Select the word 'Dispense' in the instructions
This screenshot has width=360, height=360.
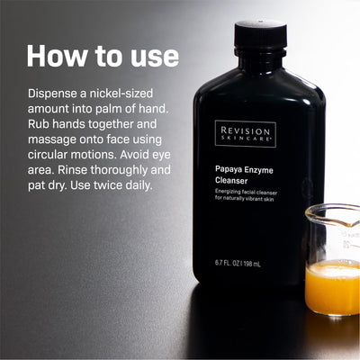point(52,94)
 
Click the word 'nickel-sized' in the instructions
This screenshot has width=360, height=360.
point(121,94)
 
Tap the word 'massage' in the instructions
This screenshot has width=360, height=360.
point(52,140)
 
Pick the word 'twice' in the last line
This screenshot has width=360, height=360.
point(108,185)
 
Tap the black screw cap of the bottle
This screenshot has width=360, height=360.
point(260,34)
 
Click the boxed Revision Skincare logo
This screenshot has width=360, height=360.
point(246,134)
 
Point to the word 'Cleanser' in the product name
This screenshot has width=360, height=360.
point(231,181)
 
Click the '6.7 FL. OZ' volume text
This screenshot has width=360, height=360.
point(228,264)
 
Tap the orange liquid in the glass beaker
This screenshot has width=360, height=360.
point(332,287)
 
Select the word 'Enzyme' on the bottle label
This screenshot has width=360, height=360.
point(258,170)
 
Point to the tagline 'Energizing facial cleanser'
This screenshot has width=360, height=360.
point(246,193)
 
